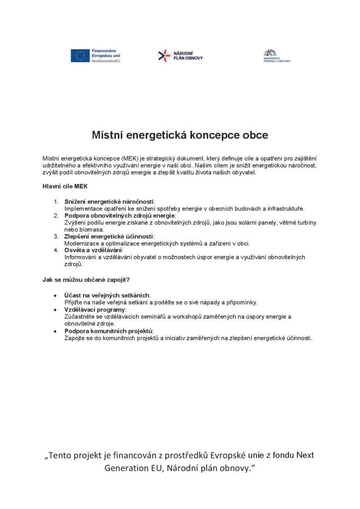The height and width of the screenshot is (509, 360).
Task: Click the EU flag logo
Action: coord(80,56)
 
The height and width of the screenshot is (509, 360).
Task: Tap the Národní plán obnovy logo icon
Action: coord(164,56)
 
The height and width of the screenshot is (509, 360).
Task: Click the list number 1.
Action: coord(56,201)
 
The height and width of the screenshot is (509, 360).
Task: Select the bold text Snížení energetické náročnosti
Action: coord(109,201)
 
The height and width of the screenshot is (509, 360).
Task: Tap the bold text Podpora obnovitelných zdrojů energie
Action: coord(119,215)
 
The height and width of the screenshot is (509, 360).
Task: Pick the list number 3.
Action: coord(56,236)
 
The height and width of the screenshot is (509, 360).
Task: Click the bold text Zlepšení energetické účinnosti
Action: coord(109,236)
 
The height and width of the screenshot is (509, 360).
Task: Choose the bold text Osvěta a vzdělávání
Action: coord(93,250)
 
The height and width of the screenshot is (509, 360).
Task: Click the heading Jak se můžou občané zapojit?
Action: coord(86,279)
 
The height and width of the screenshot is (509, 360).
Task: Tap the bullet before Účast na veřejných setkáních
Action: coord(55,295)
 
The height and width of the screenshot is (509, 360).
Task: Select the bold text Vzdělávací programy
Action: coord(94,309)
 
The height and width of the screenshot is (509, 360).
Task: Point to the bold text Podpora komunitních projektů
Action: coord(109,331)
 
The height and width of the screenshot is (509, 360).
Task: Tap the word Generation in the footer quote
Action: coord(131,469)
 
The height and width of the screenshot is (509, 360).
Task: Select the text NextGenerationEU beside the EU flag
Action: coord(106,61)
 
